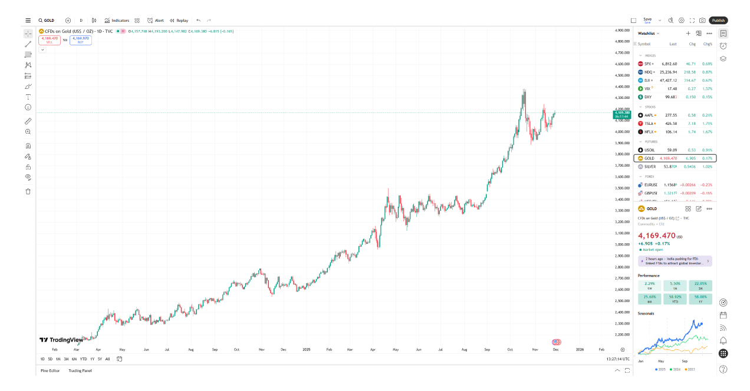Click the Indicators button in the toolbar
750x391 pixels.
coord(117,20)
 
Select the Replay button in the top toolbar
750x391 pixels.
coord(179,20)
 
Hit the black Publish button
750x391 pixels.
coord(718,20)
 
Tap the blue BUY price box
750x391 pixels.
coord(80,40)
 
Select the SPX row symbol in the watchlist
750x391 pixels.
coord(647,64)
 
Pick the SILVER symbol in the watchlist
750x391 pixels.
coord(650,167)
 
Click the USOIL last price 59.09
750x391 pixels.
coord(670,150)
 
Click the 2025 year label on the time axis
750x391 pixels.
coord(306,349)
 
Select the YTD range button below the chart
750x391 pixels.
coord(83,359)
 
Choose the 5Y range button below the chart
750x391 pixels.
coord(100,359)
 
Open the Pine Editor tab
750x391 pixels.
coord(50,370)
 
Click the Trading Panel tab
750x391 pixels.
coord(80,370)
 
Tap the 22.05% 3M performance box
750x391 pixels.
coord(700,286)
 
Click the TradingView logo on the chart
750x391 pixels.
coord(61,340)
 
